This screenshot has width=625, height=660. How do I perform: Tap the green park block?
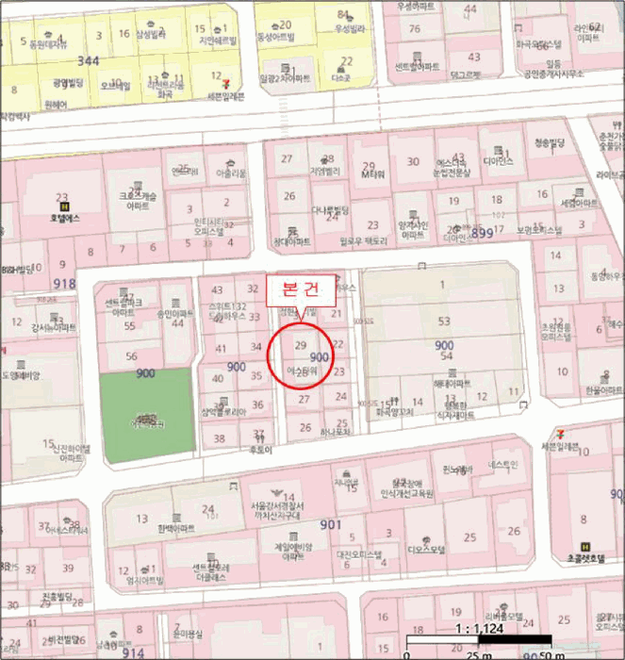click(145, 415)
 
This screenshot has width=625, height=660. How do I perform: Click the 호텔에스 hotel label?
click(64, 218)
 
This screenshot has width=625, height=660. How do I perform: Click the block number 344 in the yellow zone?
click(88, 60)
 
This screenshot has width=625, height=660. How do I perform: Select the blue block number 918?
click(64, 284)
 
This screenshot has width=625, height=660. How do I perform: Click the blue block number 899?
click(481, 233)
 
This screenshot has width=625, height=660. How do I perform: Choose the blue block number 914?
click(133, 652)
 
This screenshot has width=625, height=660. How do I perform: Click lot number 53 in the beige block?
click(443, 322)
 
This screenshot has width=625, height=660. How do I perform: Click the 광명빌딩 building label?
click(68, 83)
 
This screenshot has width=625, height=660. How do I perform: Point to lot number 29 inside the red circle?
click(301, 346)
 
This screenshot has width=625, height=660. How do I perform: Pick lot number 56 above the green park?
click(131, 355)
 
